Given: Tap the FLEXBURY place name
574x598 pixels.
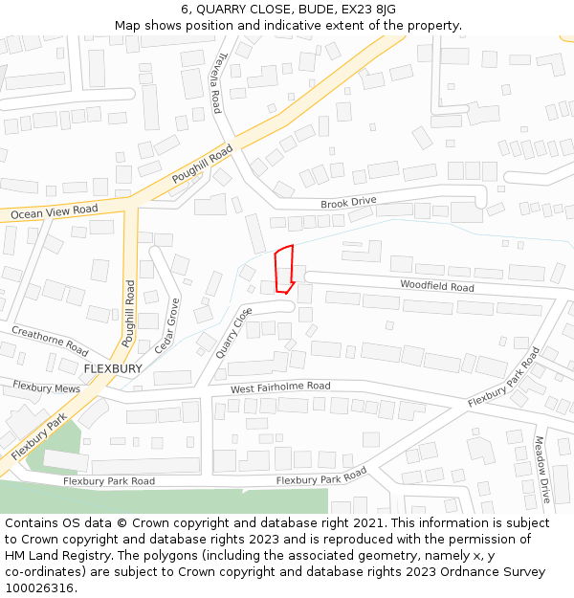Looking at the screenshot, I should point(113,368).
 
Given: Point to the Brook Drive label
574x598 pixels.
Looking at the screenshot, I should point(348,203).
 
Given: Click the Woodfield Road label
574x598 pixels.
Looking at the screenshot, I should point(436,286).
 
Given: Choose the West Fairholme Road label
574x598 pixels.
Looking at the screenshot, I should point(280,388).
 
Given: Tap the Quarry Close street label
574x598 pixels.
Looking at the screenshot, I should point(234,332).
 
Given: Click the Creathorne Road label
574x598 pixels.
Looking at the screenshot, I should point(50,341).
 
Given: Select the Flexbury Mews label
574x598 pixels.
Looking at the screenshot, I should point(46,388).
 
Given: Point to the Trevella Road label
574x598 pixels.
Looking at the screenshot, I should point(219,82).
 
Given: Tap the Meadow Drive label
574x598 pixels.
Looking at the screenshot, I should point(541,469).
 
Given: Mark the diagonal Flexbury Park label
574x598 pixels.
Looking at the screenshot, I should point(39,439).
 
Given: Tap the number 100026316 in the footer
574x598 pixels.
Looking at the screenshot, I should point(39,587).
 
